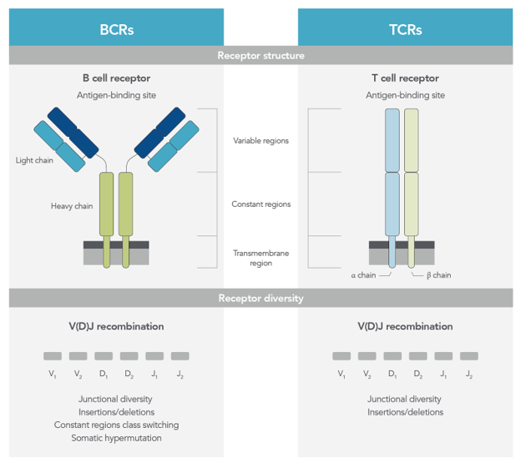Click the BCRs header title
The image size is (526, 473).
116,29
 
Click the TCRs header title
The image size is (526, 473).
405,29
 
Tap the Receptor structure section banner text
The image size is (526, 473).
260,56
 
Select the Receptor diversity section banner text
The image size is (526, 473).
260,298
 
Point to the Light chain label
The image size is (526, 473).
34,160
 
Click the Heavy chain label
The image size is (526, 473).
71,205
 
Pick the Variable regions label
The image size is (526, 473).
260,140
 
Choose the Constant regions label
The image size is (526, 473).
260,204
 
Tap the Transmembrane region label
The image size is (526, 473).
260,257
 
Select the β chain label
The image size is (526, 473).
437,275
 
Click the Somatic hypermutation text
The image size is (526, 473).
116,437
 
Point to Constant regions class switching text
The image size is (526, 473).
116,425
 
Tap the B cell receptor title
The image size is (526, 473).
116,78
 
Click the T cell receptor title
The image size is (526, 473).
405,78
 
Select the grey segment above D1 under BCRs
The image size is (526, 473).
104,356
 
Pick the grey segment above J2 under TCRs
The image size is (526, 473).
469,356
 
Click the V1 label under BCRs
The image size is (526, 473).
53,375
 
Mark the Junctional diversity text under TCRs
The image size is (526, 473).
405,399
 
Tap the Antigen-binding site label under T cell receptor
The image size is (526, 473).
405,95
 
